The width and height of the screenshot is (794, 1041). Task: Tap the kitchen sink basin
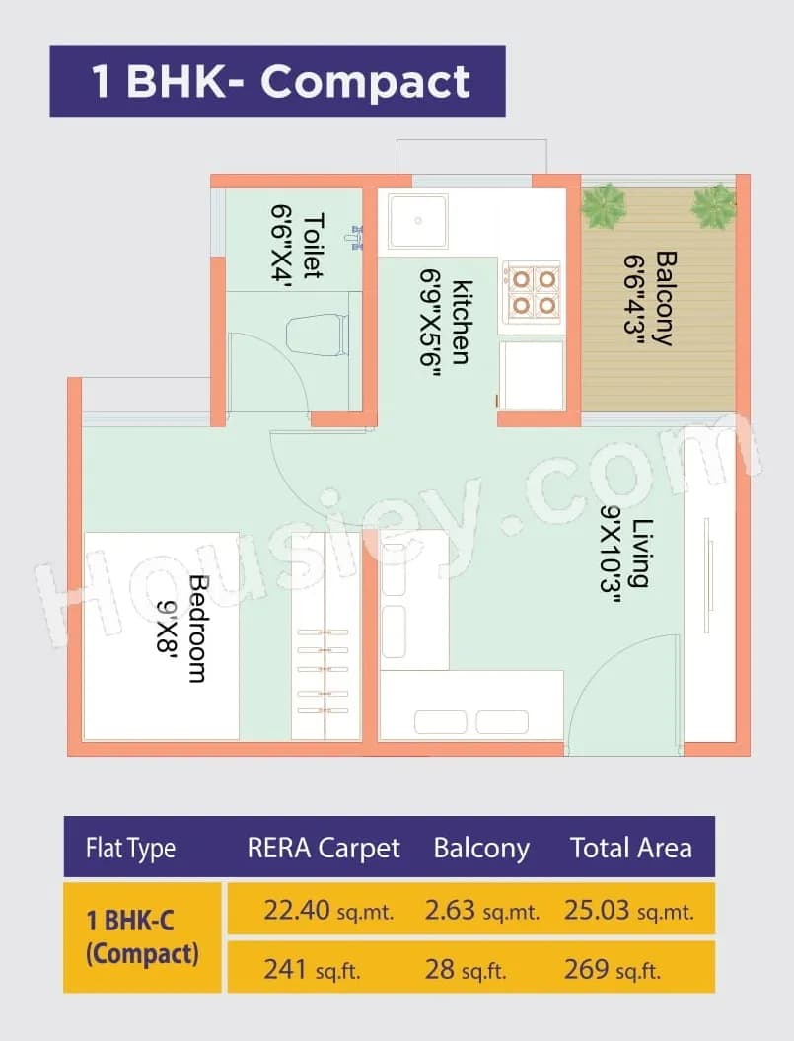click(418, 221)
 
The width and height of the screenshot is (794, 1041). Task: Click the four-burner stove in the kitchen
click(532, 292)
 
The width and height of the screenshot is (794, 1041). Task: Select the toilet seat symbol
click(318, 335)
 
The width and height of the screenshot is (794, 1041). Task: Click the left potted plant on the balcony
click(603, 205)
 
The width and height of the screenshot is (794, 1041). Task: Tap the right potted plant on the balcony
click(713, 205)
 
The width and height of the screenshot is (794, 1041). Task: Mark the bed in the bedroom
click(161, 635)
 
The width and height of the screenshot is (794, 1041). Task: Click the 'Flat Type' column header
click(131, 848)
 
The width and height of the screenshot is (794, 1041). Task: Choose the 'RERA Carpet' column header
click(324, 848)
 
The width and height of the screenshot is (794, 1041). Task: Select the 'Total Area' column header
click(631, 848)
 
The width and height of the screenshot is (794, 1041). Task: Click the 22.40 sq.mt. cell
click(328, 910)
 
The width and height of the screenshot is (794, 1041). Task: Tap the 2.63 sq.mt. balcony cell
click(482, 910)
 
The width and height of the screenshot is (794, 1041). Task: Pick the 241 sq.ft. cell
click(312, 969)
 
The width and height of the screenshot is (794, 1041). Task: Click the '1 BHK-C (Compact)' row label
click(143, 938)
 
